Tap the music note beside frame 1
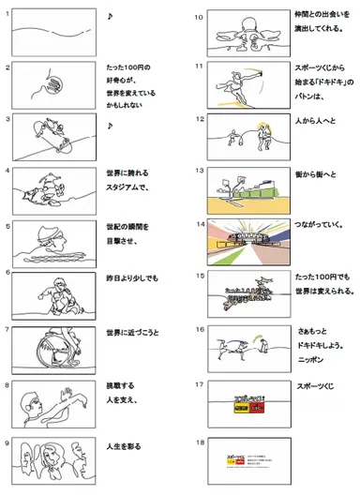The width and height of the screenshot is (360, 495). (111, 17)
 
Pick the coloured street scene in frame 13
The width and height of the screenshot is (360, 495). (241, 187)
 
